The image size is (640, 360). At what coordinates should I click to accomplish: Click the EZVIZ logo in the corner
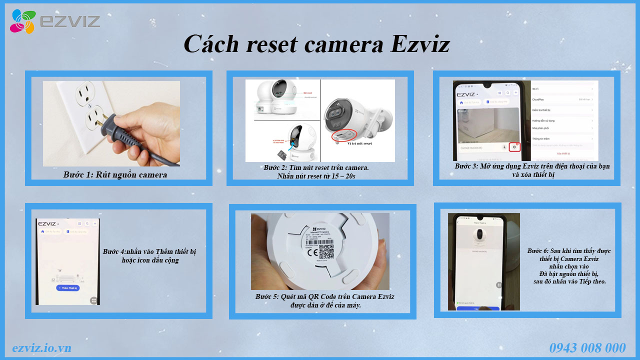tap(54, 21)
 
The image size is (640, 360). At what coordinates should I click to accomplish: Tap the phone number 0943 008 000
tap(587, 348)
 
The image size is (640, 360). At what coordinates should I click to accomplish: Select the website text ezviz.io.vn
tap(41, 348)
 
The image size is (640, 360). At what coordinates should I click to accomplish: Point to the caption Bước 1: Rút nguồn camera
tap(115, 174)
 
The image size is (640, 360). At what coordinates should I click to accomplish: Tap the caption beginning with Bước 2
tap(316, 171)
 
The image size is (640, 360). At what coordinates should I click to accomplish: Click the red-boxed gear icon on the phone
tap(514, 147)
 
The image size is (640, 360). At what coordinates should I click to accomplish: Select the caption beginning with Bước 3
tap(532, 170)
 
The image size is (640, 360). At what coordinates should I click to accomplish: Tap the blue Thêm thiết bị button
tap(67, 288)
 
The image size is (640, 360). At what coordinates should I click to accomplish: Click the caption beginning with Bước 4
tap(149, 255)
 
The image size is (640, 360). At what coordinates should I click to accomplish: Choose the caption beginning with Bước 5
tap(324, 300)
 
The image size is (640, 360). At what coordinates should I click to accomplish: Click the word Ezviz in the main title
tap(420, 44)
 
